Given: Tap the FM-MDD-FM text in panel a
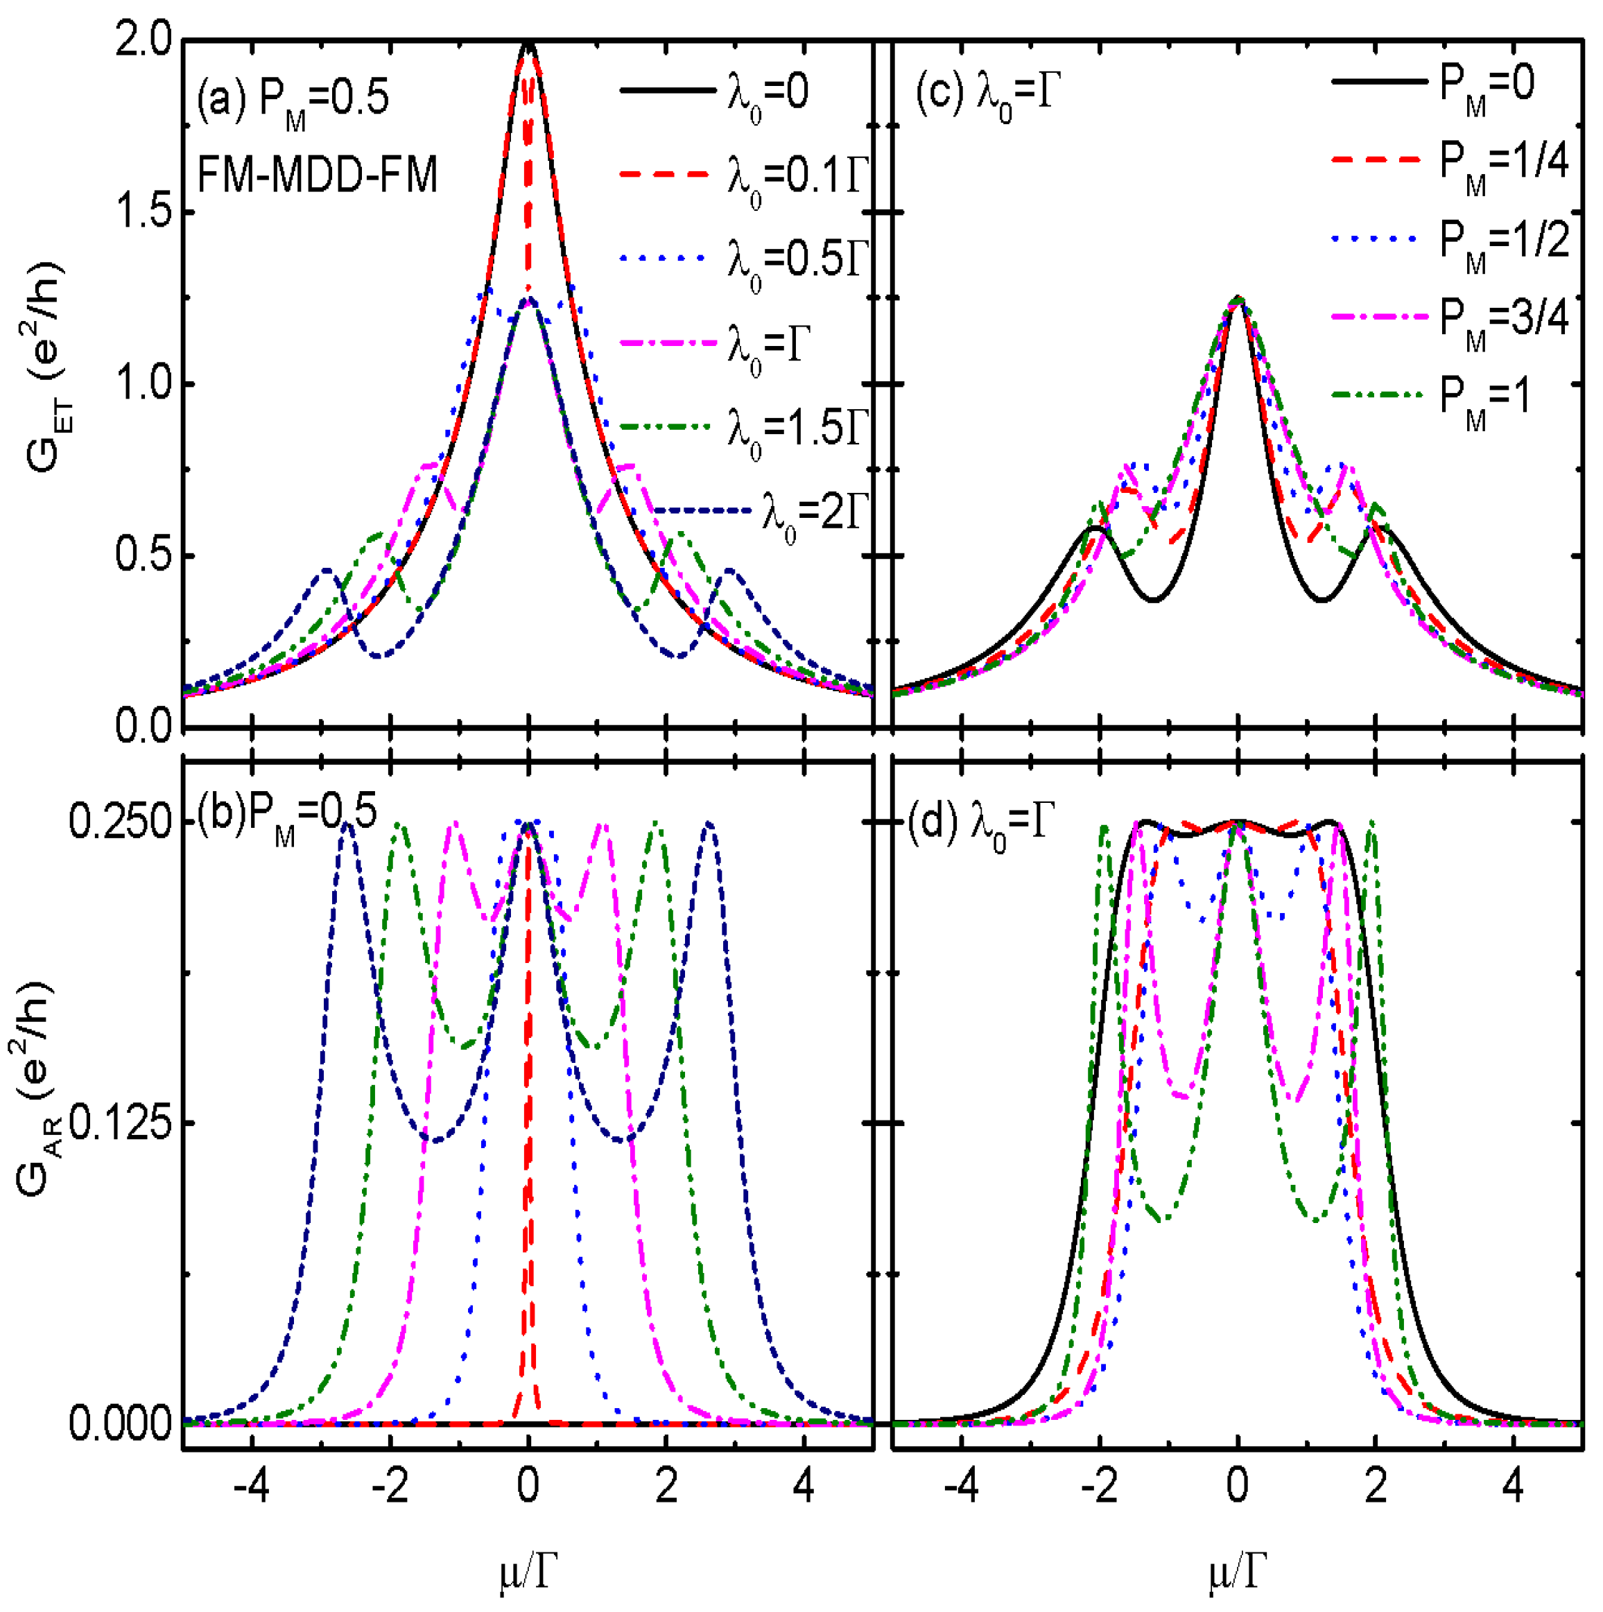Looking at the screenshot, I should coord(317,176).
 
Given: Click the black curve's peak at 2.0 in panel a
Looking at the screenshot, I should coord(528,44).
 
